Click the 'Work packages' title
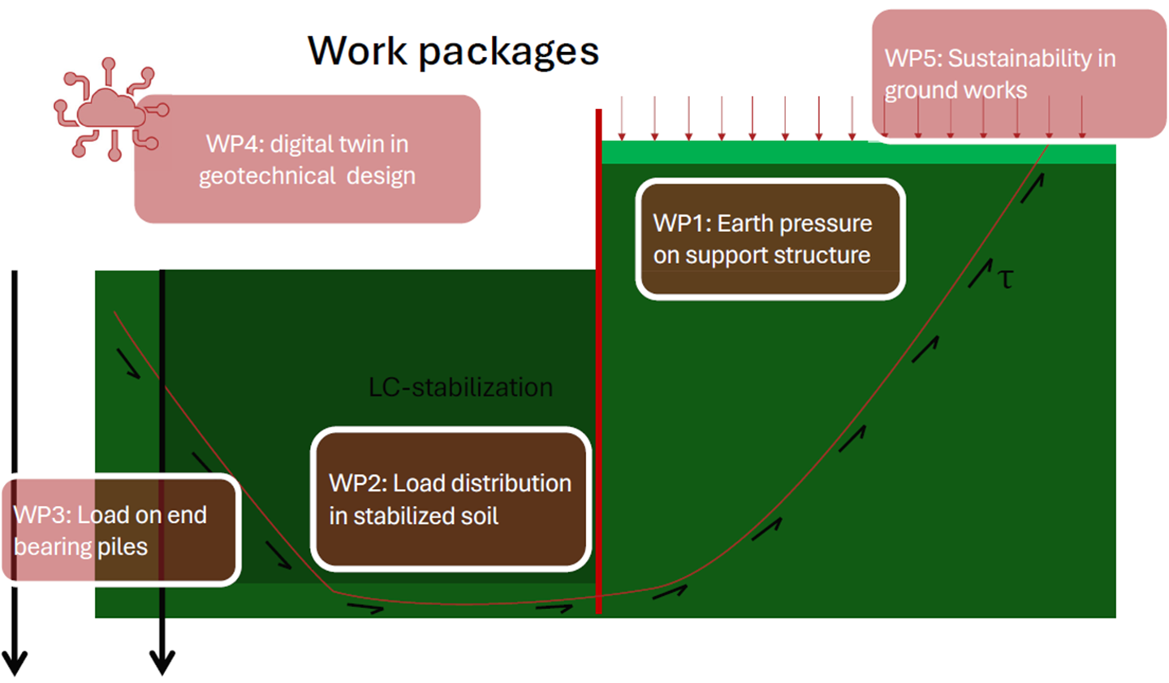453,51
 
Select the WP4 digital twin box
307,159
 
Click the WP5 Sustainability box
1019,74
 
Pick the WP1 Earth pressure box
770,239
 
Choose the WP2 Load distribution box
451,499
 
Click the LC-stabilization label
460,387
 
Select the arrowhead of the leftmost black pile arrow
15,662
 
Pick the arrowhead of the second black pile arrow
162,662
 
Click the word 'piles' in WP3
123,547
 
